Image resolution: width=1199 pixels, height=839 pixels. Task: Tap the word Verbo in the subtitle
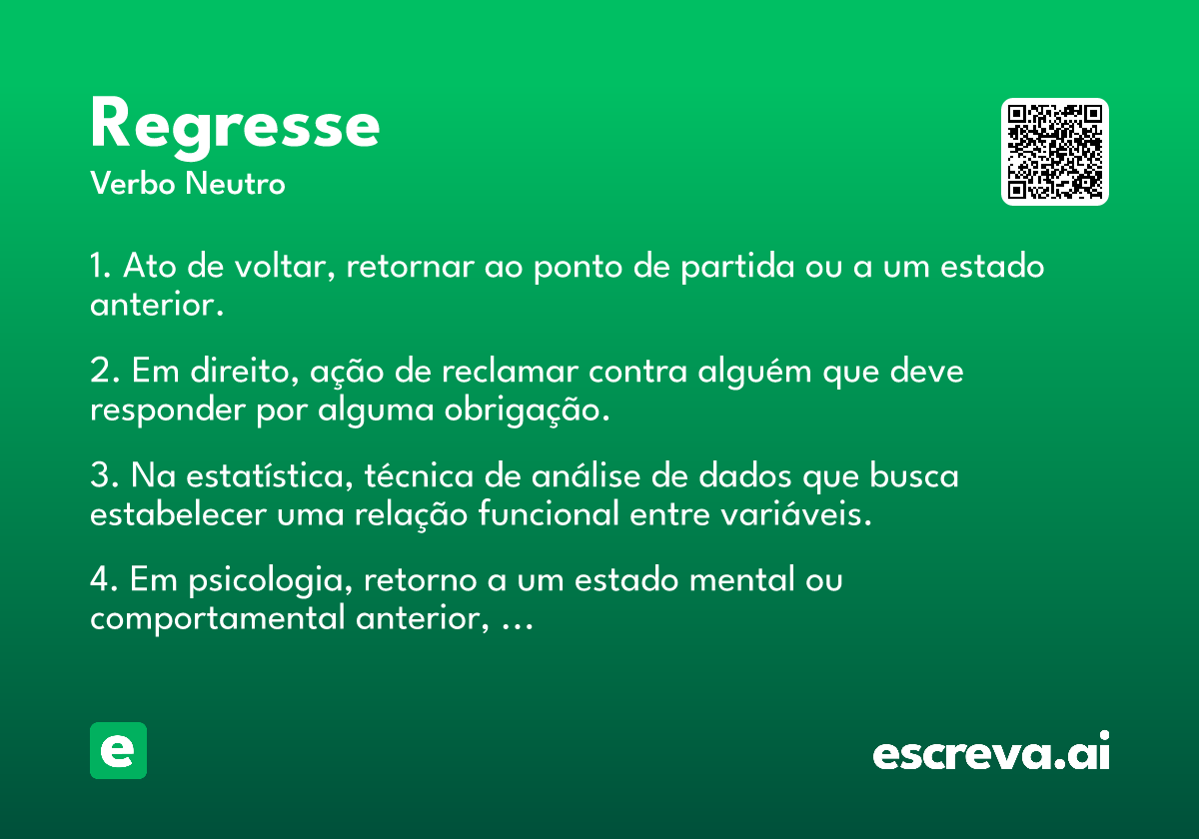click(x=133, y=183)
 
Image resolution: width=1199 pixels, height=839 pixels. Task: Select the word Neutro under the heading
click(x=235, y=183)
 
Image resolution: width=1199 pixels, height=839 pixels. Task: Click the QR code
click(x=1054, y=152)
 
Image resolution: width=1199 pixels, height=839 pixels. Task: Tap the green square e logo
click(x=118, y=750)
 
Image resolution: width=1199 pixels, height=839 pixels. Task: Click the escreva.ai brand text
click(x=991, y=750)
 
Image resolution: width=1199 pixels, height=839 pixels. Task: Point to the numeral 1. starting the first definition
click(x=100, y=266)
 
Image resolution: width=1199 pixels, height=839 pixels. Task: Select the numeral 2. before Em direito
click(x=104, y=371)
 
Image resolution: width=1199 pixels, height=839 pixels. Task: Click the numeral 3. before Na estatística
click(x=104, y=475)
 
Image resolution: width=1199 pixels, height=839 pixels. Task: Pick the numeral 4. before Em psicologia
click(x=104, y=579)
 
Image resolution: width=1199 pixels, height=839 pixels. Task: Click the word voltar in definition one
click(x=284, y=266)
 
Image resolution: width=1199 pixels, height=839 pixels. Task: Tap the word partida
click(x=737, y=267)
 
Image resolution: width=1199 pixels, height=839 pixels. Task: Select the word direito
click(x=244, y=371)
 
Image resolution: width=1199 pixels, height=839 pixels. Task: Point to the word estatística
click(x=269, y=476)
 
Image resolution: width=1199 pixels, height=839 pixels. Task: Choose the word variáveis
click(x=796, y=514)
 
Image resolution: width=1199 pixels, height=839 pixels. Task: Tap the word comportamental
click(x=218, y=619)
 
